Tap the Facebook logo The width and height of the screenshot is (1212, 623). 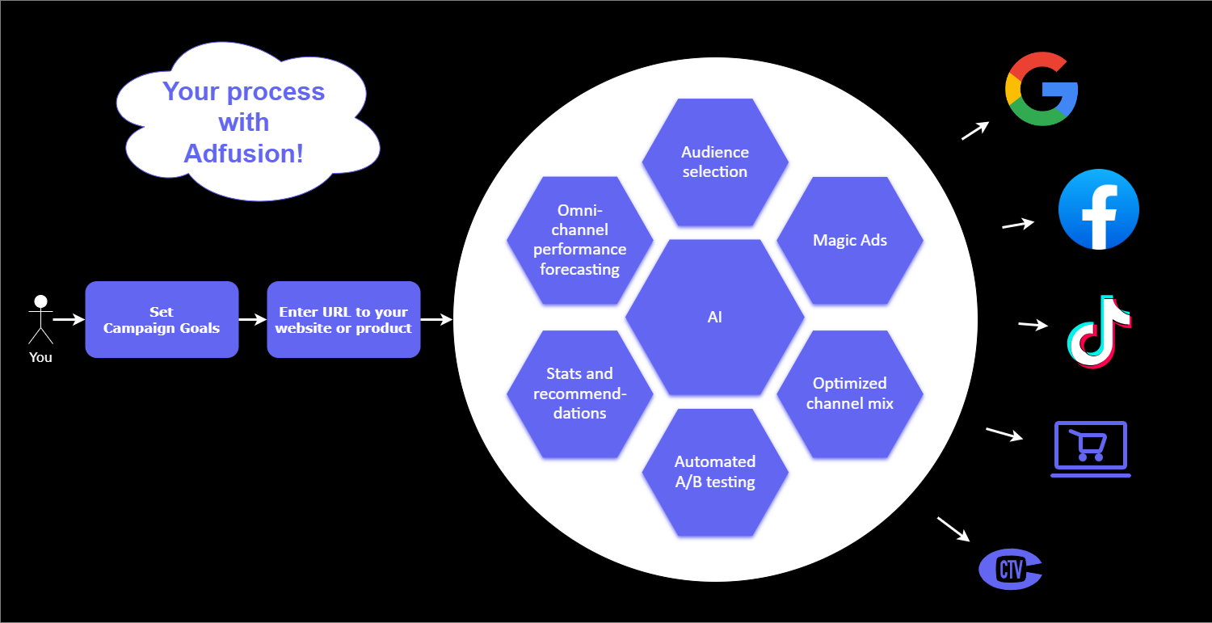point(1098,209)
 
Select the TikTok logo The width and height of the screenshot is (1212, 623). point(1098,332)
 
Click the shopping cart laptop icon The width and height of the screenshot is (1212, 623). point(1091,448)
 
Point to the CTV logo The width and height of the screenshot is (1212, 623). point(1010,569)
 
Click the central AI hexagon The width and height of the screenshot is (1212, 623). point(715,318)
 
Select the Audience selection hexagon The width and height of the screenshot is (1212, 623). point(715,162)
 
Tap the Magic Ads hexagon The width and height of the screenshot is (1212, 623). point(850,240)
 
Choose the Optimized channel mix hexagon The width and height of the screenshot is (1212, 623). point(850,394)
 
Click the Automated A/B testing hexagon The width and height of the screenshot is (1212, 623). point(715,472)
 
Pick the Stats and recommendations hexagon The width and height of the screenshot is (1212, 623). point(579,394)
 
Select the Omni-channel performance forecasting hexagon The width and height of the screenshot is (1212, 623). point(579,240)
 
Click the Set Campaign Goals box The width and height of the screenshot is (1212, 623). point(162,319)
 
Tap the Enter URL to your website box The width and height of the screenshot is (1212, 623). point(343,319)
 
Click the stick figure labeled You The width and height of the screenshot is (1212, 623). point(40,318)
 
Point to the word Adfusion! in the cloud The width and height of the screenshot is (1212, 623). point(244,154)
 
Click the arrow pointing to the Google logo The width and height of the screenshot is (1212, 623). point(975,130)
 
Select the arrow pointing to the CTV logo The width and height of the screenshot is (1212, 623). point(953,528)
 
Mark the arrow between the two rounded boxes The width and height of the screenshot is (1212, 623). point(253,319)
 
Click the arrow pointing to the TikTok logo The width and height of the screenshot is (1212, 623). point(1033,325)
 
